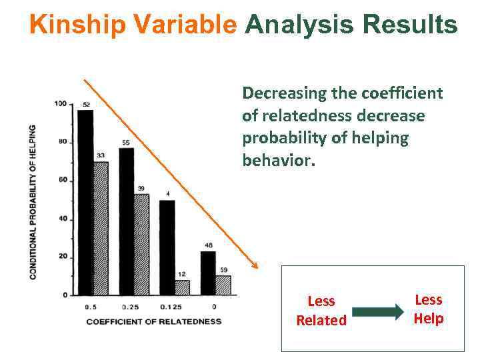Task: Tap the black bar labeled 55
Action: click(x=127, y=221)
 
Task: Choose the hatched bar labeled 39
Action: click(x=141, y=244)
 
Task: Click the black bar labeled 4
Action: click(x=167, y=247)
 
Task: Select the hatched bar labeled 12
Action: click(x=182, y=287)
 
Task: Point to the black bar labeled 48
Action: click(x=208, y=272)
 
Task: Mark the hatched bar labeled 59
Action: click(x=223, y=285)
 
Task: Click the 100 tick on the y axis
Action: click(x=61, y=103)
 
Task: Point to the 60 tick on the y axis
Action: click(x=63, y=180)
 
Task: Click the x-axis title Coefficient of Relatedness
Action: click(x=153, y=321)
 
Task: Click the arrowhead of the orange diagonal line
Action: click(x=255, y=266)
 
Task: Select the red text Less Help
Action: click(x=428, y=309)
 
